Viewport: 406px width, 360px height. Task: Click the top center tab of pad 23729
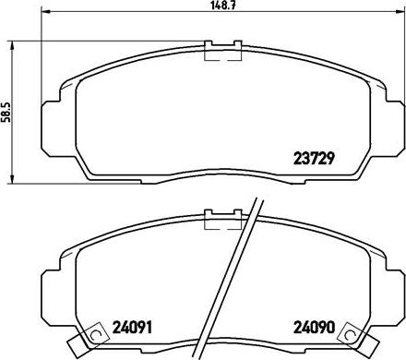pos(221,52)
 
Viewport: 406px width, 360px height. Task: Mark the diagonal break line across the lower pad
pos(234,277)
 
